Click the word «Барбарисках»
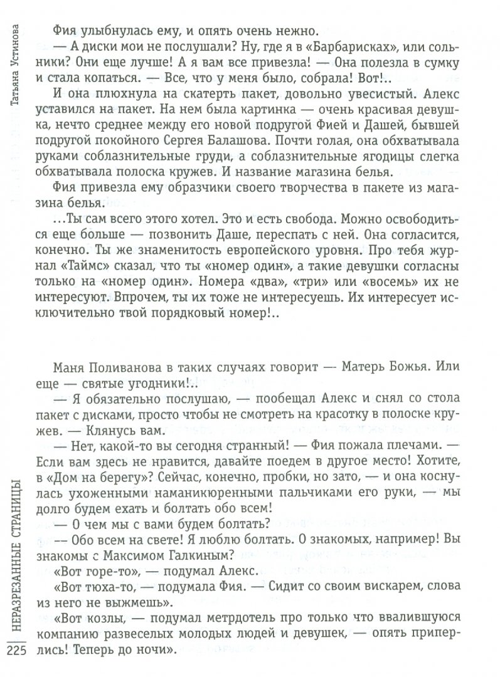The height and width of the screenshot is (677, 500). (321, 49)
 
